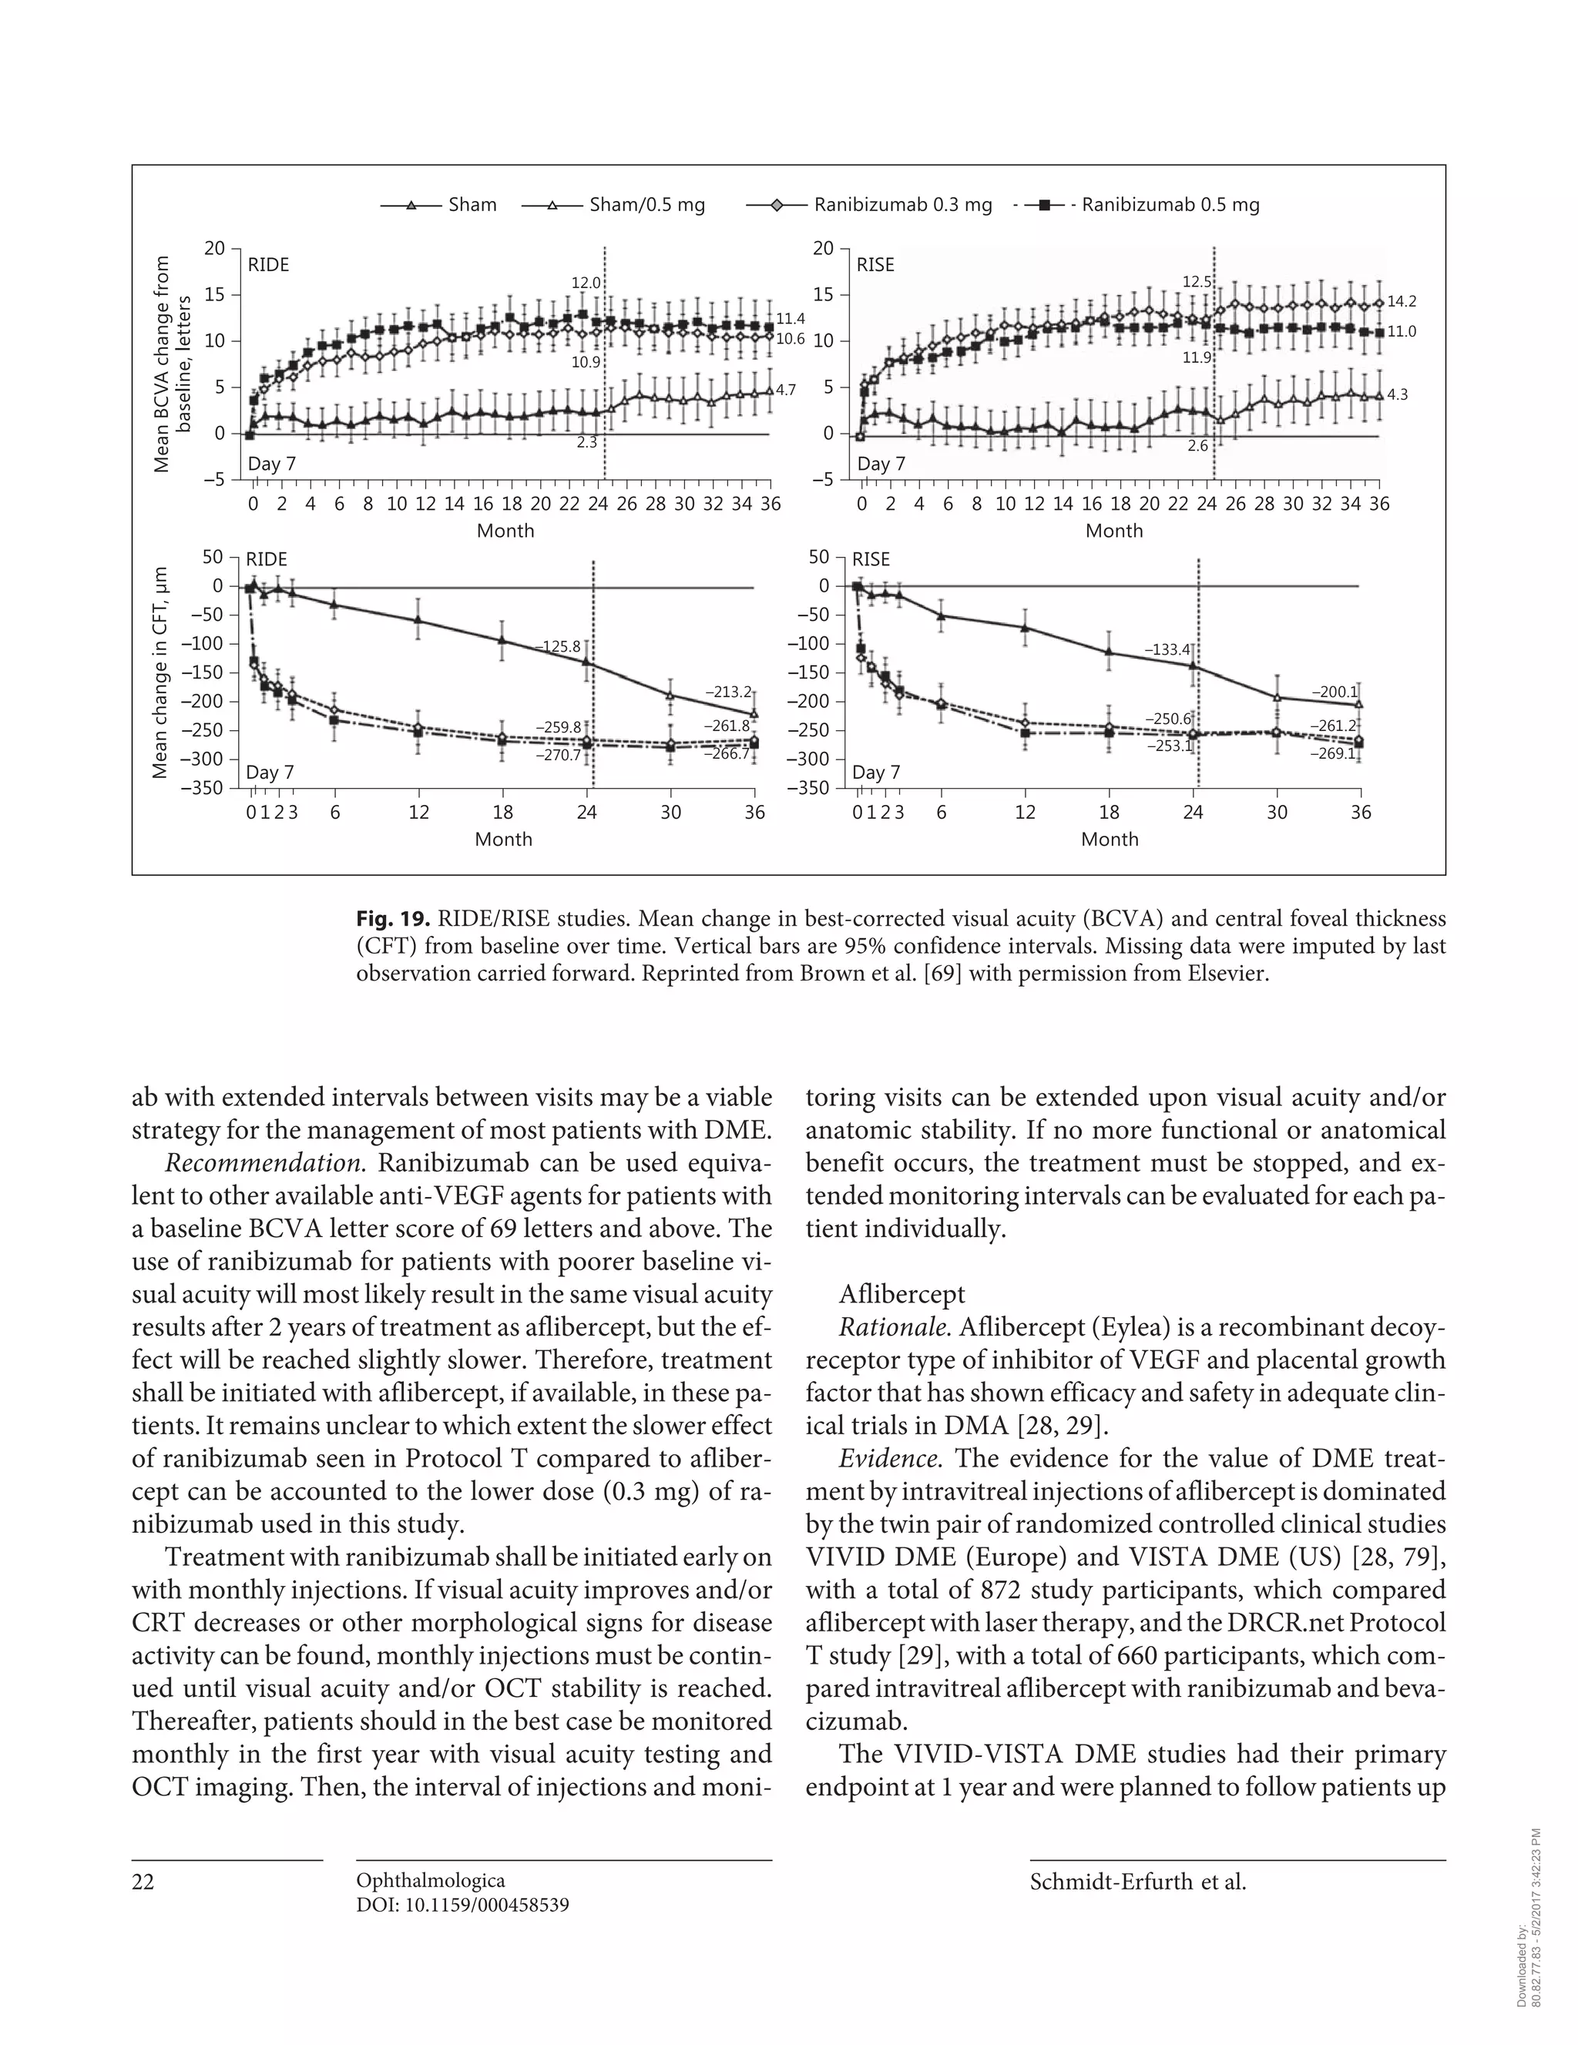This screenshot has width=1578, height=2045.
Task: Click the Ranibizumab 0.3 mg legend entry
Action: [901, 204]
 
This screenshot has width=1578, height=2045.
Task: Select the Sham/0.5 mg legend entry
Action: [646, 204]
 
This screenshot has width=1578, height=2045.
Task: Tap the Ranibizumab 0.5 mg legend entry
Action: [1170, 204]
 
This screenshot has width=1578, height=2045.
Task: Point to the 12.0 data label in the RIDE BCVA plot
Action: [586, 282]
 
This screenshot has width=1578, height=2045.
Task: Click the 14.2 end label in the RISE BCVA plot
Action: [1401, 301]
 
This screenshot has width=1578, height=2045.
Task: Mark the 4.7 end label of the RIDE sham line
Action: [785, 390]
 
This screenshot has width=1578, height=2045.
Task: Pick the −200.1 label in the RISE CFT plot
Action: [1334, 692]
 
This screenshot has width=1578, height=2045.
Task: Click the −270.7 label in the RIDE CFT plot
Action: [559, 755]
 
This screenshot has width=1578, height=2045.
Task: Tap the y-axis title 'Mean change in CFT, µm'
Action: [160, 672]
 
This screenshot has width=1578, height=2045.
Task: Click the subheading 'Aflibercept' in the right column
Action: [901, 1294]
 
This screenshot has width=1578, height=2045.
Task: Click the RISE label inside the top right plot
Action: [875, 265]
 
